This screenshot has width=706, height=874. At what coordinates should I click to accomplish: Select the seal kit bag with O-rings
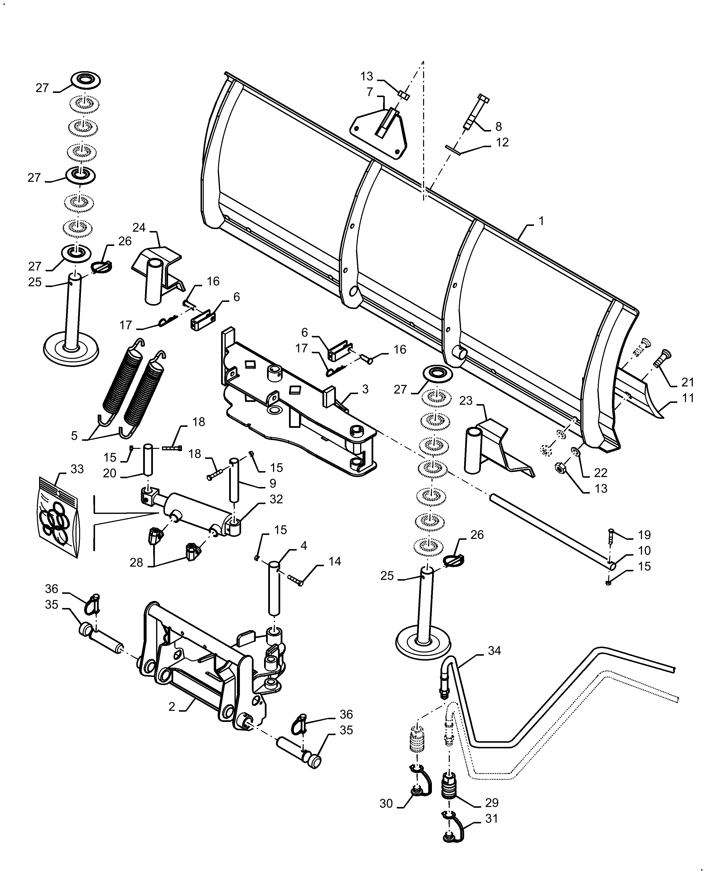click(58, 517)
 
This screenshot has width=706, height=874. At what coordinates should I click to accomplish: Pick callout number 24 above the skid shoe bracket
click(139, 227)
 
